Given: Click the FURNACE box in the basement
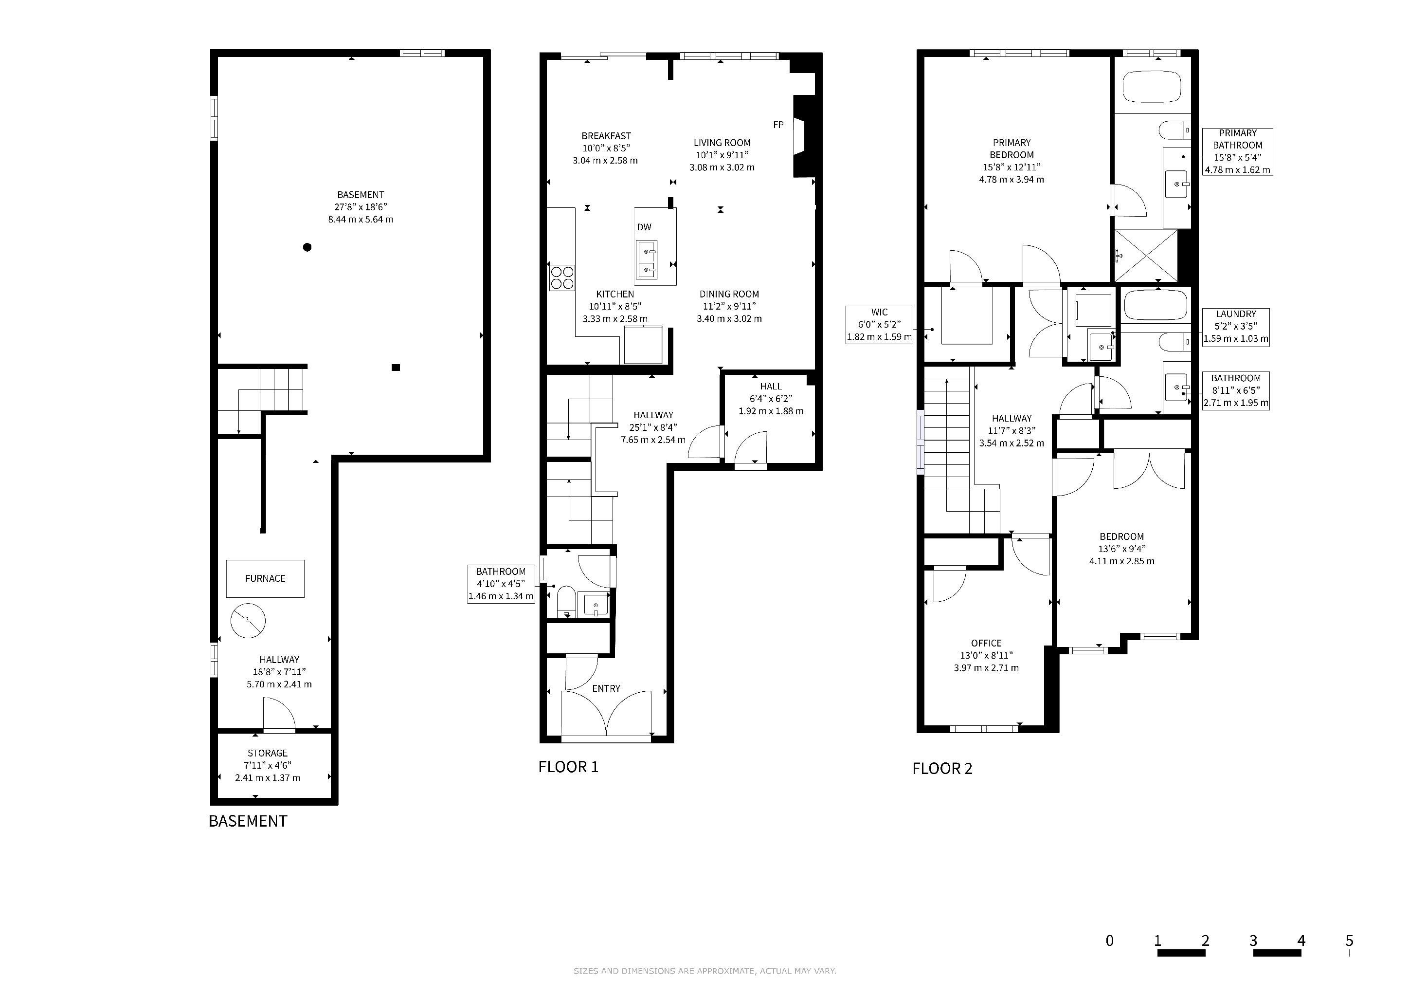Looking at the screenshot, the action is coord(265,578).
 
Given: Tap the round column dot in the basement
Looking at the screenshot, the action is coord(307,247).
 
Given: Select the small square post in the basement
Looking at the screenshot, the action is coord(396,368).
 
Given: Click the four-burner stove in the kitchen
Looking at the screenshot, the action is coord(562,277).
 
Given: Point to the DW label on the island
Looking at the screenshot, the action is coord(644,227).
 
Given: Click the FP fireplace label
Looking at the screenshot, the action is coord(778,125).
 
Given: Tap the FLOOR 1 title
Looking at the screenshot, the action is coord(568,767).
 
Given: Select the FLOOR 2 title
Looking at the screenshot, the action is coord(942,769).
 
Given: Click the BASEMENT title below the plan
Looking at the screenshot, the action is coord(248,821).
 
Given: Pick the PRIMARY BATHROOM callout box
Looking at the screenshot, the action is coord(1237,151).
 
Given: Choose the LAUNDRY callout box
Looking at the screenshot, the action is coord(1236,327).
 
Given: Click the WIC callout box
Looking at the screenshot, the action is coord(879,325).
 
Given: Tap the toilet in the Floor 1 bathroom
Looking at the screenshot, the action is coord(566,602).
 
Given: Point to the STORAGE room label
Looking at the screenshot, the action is coord(268,753).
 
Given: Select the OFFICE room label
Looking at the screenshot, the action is coord(986,644).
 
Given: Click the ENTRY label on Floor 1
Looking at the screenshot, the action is coord(606,689).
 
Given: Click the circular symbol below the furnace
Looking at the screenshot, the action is coord(248,621).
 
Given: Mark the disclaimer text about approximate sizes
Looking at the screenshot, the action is coord(704,971).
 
